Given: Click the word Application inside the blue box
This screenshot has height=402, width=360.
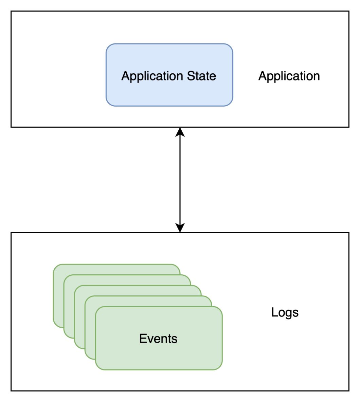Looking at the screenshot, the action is tap(152, 76).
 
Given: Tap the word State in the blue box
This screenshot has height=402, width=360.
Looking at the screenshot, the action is tap(201, 76).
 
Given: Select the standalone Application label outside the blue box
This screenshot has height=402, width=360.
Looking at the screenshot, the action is tap(289, 76).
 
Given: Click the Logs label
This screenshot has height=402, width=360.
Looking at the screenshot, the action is tap(285, 312).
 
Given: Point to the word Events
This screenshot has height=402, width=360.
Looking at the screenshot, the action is tap(158, 339).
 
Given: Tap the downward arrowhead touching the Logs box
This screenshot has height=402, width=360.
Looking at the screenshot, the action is tap(180, 228).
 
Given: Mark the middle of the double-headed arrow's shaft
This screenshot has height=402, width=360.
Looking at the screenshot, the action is tap(180, 180).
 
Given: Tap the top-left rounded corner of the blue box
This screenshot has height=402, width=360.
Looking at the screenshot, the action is tap(109, 47).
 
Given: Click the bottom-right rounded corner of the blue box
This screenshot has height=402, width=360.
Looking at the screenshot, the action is tap(230, 103).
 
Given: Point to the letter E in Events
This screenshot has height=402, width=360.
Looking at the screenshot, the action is tap(143, 339).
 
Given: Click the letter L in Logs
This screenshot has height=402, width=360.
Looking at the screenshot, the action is tap(274, 312).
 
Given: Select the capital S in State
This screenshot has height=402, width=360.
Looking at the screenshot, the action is tap(191, 76).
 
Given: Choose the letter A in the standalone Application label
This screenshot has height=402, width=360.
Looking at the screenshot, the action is tap(262, 76).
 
